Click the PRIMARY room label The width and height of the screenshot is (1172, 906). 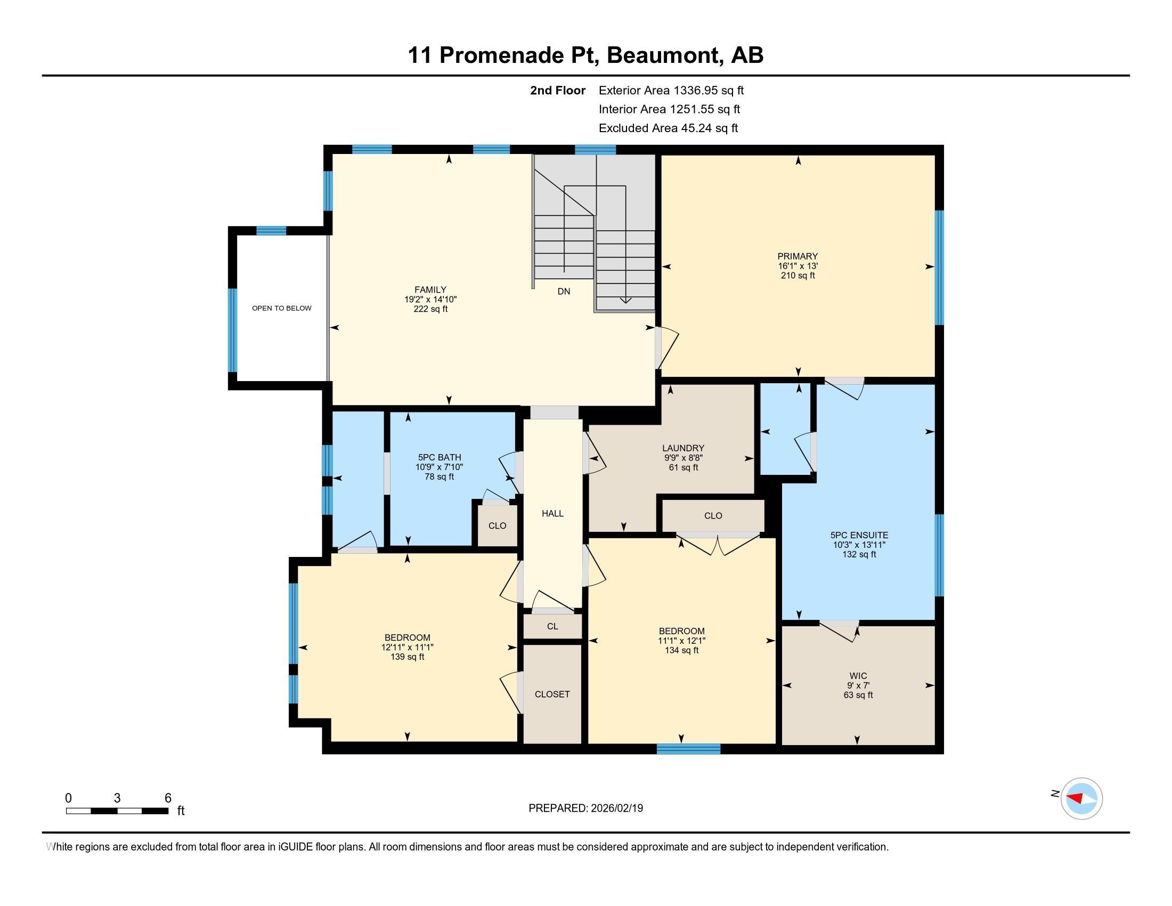tap(797, 256)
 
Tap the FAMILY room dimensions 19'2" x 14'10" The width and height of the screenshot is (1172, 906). tap(430, 300)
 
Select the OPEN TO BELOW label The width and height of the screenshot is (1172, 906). tap(282, 308)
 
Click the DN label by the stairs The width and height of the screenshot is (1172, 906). tap(564, 292)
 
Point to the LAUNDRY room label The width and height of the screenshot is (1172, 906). tap(682, 448)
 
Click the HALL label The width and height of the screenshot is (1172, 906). tap(552, 514)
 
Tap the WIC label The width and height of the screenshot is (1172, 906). tap(858, 676)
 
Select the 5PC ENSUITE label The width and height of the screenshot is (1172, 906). tap(859, 535)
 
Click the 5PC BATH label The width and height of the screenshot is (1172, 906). tap(439, 457)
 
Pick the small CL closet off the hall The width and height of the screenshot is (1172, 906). tap(552, 626)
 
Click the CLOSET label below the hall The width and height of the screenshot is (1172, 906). tap(552, 694)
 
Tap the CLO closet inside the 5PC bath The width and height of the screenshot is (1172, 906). tap(497, 525)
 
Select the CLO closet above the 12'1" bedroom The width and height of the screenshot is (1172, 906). tap(713, 516)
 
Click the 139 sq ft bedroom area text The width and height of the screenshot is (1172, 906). tap(408, 657)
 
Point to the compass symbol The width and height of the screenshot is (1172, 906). tap(1081, 798)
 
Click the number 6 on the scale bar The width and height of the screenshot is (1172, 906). tap(167, 798)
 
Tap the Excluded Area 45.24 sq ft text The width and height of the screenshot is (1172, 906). tap(668, 128)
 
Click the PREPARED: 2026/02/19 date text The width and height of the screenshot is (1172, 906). tap(585, 808)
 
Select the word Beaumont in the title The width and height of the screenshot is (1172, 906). tap(663, 55)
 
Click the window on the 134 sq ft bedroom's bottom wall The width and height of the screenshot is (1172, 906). tap(688, 749)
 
